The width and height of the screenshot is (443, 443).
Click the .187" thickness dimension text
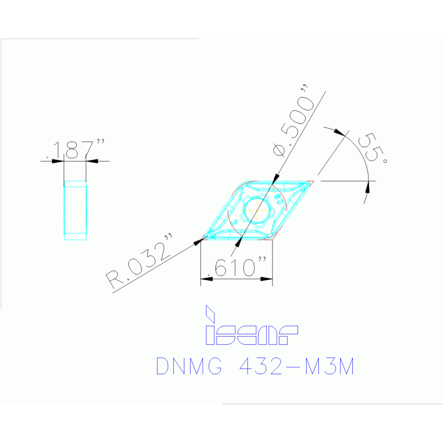tap(75, 150)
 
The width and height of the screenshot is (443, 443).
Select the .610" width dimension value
tap(237, 267)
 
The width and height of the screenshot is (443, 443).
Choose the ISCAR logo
tap(251, 333)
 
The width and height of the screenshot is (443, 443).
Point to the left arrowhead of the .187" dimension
tap(57, 161)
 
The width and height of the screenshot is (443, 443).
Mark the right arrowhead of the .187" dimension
tap(92, 161)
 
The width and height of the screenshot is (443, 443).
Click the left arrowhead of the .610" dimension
tap(206, 279)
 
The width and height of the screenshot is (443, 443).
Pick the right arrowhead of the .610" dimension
tap(266, 279)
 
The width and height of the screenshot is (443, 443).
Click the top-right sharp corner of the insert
tap(312, 181)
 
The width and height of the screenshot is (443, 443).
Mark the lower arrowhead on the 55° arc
tap(368, 186)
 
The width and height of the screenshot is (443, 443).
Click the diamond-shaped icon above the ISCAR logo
tap(210, 314)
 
